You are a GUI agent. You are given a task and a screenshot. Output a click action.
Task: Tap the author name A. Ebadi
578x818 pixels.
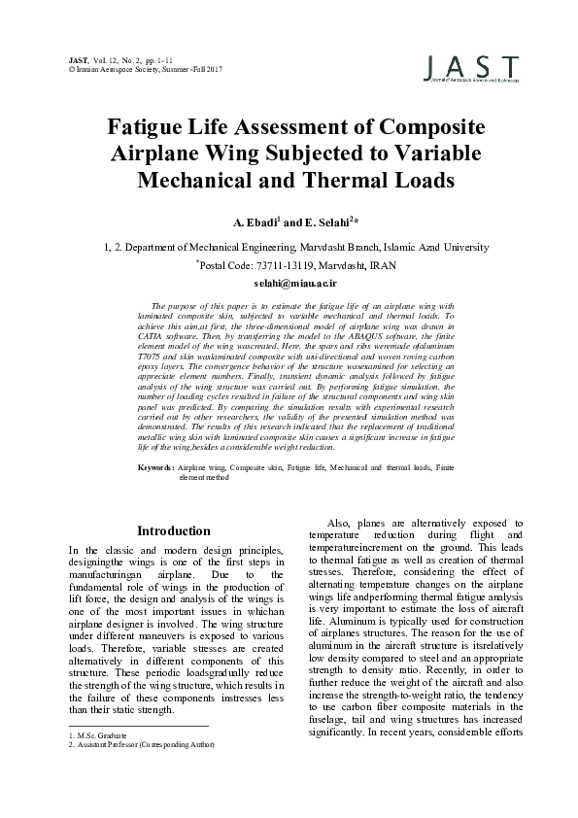tap(250, 222)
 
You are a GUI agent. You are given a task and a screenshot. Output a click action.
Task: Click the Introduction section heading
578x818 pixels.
tap(174, 531)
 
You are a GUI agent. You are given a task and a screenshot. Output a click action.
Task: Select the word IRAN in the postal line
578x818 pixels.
tap(377, 264)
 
